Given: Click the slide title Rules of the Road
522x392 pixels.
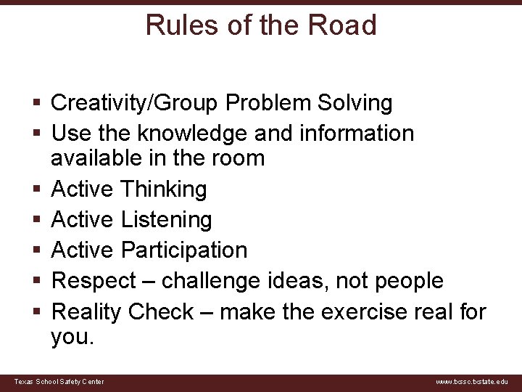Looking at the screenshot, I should [x=261, y=25].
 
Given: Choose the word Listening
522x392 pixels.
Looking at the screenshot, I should [x=166, y=219].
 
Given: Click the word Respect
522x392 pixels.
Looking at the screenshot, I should [x=94, y=281].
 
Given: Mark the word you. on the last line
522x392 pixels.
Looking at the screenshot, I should [x=72, y=337].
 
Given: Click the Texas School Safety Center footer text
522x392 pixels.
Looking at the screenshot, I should [x=59, y=382].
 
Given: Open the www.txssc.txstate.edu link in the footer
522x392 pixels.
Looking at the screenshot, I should [x=472, y=382].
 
